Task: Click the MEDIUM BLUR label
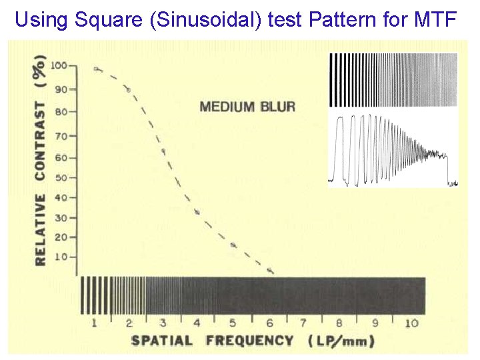click(247, 107)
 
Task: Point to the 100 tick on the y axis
click(59, 66)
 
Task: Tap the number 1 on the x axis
click(95, 323)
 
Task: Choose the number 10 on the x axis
click(411, 323)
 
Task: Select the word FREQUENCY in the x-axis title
click(249, 341)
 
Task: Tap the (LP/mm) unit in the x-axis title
click(341, 341)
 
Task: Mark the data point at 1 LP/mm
click(96, 69)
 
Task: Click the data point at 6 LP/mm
click(270, 270)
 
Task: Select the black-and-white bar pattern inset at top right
click(393, 80)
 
